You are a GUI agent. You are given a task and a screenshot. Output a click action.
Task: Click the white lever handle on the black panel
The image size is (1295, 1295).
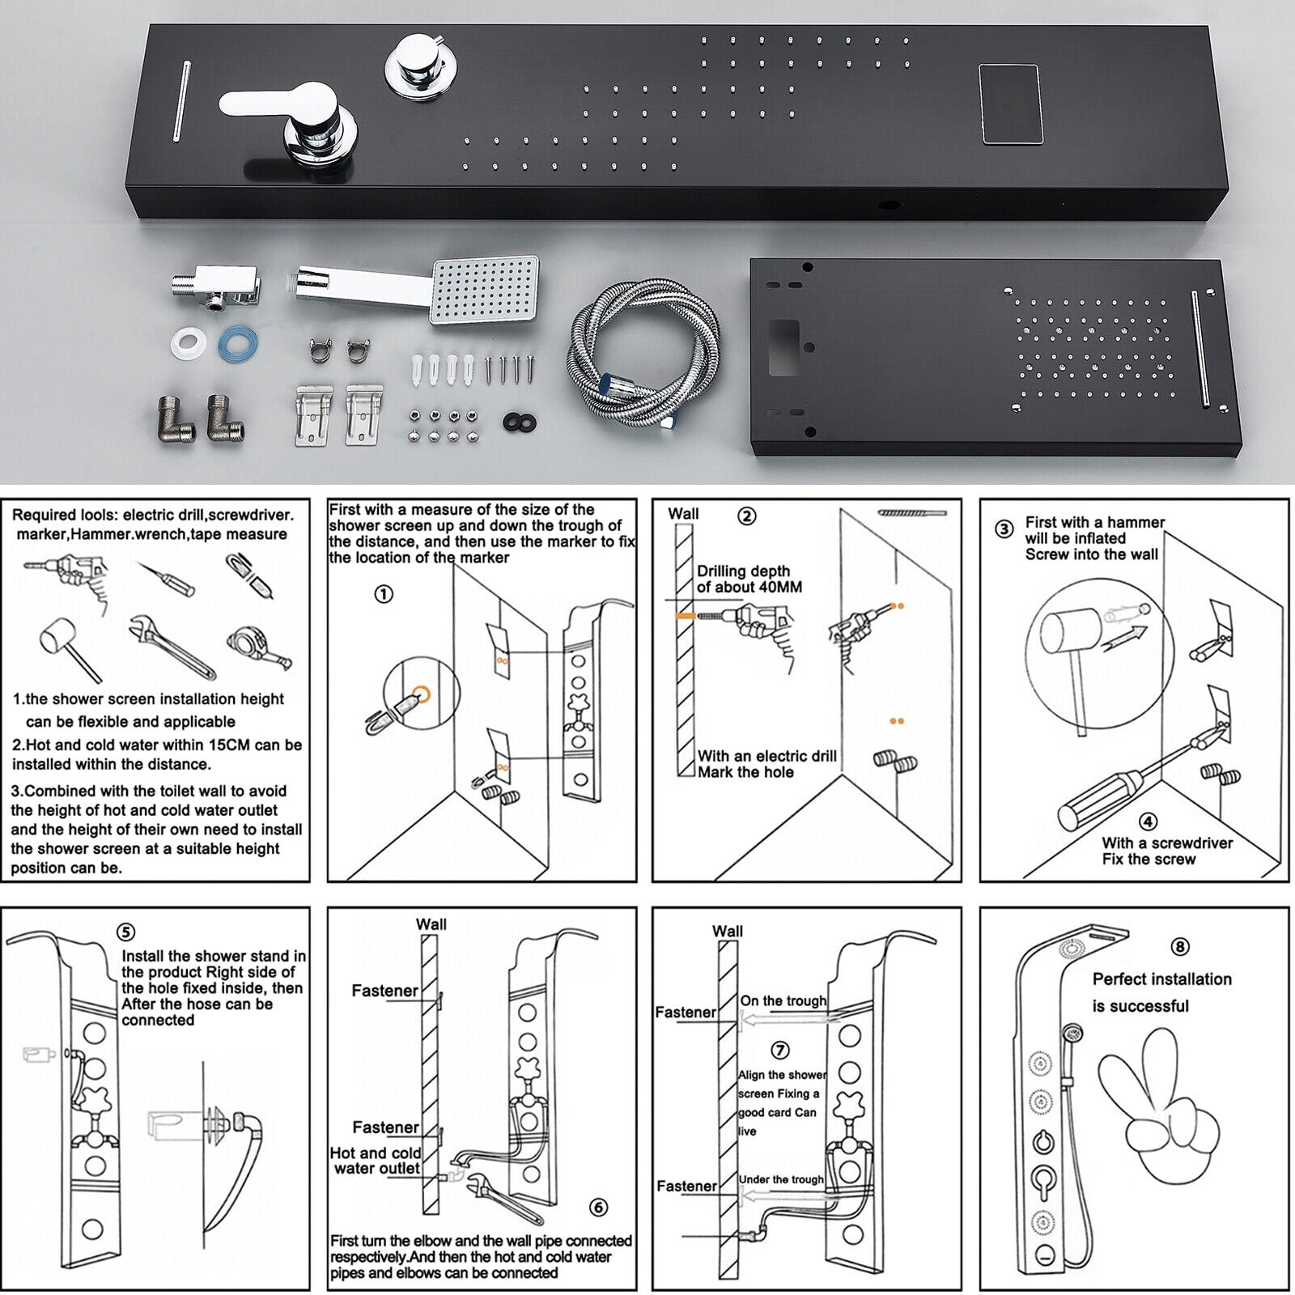click(275, 104)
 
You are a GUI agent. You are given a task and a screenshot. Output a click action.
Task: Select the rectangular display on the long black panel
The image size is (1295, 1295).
click(1010, 104)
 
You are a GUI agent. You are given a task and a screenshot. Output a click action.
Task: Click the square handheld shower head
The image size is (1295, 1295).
click(486, 290)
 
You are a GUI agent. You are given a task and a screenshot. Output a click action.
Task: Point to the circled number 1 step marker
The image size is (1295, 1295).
click(384, 594)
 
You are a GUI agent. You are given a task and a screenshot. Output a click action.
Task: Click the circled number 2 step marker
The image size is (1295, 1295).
click(747, 516)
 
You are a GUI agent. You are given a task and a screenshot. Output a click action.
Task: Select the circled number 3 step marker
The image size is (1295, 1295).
click(1004, 529)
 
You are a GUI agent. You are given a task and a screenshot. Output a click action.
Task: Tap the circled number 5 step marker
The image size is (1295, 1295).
click(126, 932)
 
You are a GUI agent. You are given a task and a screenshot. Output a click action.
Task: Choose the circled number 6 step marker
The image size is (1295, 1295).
click(598, 1208)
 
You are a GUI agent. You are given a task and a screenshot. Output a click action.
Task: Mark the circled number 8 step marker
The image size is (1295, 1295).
click(1180, 946)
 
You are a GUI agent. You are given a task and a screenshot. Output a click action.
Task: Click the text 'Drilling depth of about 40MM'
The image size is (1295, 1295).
click(749, 579)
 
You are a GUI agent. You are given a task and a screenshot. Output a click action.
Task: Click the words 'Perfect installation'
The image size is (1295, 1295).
click(1162, 979)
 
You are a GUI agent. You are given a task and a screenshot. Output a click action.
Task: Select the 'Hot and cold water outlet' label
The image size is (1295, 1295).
click(376, 1161)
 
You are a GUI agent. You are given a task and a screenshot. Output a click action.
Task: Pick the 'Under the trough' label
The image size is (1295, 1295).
click(782, 1179)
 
